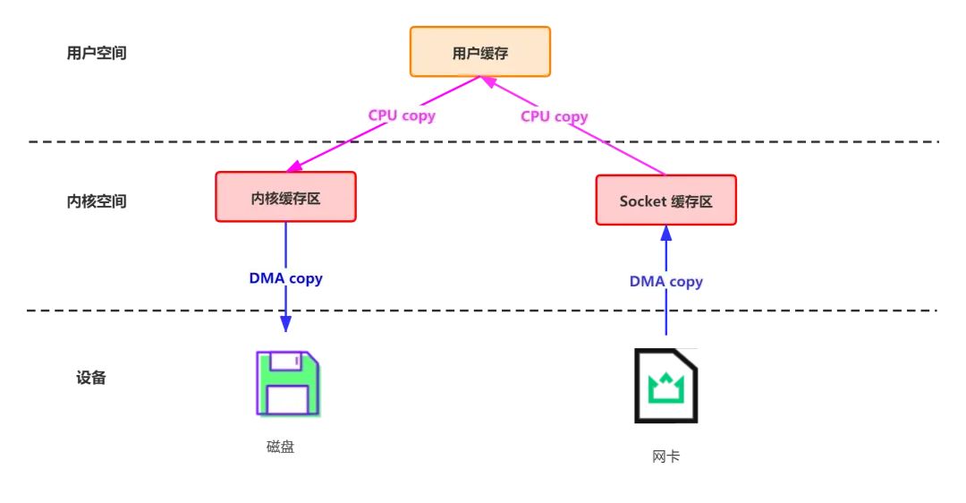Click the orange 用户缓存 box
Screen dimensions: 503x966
click(480, 53)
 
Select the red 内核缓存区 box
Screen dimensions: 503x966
click(285, 197)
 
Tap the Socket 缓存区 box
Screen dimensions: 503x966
click(666, 200)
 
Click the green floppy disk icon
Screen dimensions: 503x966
click(286, 382)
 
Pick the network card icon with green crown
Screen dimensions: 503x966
click(665, 386)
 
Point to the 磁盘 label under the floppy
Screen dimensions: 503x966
click(280, 447)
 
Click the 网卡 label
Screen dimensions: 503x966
click(665, 456)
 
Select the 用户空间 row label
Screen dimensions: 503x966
click(97, 53)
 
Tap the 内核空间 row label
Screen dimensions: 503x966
click(97, 201)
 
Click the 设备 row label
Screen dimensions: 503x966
click(91, 378)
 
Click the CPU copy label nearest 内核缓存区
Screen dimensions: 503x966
click(402, 115)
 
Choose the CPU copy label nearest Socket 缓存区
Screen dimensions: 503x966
click(555, 116)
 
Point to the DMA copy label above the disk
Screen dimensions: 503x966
click(285, 278)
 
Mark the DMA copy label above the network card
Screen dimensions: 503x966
click(665, 282)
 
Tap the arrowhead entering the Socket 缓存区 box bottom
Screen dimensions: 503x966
click(665, 233)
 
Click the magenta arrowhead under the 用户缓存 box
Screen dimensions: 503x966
click(491, 82)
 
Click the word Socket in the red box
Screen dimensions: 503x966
click(643, 201)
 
